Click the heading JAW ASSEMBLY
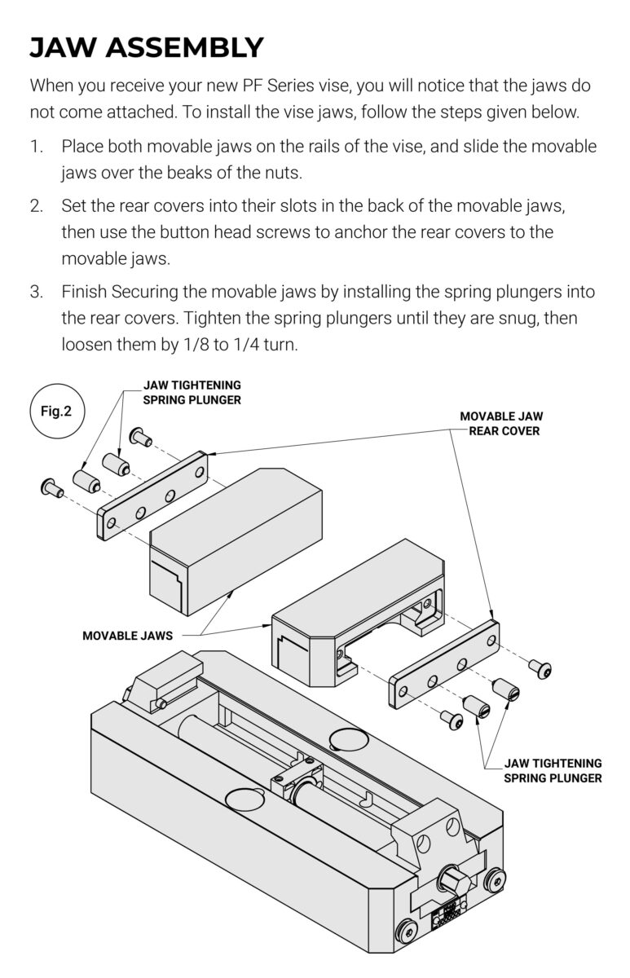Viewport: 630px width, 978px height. [x=147, y=47]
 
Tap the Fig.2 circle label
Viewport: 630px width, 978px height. [x=56, y=411]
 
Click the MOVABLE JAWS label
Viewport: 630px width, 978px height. [x=127, y=635]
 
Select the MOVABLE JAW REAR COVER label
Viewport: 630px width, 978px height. [x=501, y=423]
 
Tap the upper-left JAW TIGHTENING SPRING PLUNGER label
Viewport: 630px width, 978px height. [x=192, y=391]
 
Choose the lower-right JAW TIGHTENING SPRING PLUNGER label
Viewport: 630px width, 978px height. [x=553, y=770]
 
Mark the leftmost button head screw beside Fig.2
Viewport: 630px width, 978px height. [x=50, y=488]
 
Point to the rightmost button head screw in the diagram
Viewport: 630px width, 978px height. [x=539, y=667]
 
